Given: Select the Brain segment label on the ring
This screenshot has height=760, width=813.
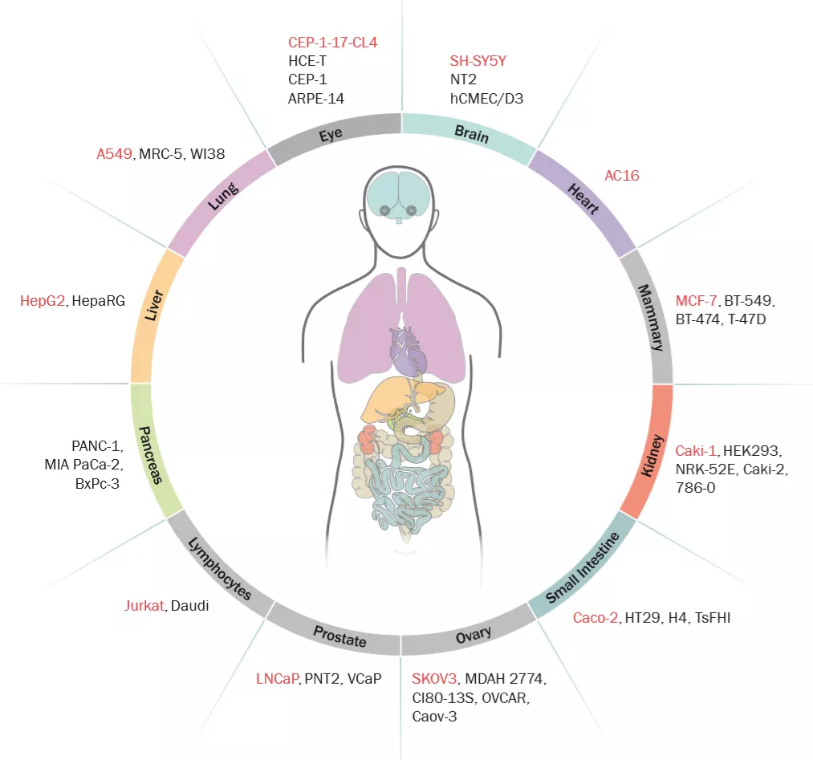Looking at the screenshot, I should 472,133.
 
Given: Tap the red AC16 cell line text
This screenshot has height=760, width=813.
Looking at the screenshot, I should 621,175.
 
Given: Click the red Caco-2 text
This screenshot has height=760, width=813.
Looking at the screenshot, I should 596,617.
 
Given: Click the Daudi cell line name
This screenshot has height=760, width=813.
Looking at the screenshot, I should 189,606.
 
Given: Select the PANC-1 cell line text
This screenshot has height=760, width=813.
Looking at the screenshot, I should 96,446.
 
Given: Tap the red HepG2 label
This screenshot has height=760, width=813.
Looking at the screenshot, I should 43,301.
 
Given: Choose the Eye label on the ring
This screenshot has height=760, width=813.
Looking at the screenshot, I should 331,133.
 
